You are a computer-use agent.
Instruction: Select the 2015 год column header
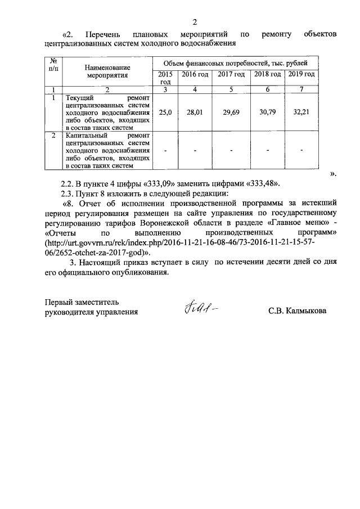coord(165,78)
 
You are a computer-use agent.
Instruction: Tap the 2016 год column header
coord(195,75)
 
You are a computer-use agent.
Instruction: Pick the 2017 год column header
coord(231,75)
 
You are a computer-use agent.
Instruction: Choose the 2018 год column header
coord(267,75)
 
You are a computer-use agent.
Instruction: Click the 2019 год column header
coord(301,75)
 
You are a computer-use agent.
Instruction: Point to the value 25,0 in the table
coord(165,112)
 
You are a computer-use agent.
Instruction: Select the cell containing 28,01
coord(195,112)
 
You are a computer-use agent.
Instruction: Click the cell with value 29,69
coord(231,112)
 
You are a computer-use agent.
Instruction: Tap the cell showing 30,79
coord(267,112)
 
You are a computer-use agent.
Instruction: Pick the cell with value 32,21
coord(301,112)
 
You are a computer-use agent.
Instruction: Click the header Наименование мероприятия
coord(107,70)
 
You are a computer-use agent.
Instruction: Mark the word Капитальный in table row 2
coord(84,136)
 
